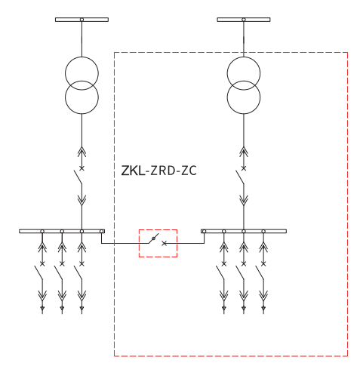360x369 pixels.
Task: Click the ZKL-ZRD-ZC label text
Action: (158, 171)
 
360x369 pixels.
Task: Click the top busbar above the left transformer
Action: (82, 20)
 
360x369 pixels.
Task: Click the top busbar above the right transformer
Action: (244, 20)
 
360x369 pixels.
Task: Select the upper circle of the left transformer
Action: (82, 57)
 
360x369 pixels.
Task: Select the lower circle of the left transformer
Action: (82, 114)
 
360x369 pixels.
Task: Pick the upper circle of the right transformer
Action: (244, 57)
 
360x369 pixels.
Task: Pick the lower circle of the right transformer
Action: (244, 114)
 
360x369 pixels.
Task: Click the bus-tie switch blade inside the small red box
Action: (153, 238)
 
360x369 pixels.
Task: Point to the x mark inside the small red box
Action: (164, 243)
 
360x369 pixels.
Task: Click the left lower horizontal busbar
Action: (62, 231)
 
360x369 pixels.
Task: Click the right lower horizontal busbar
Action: (244, 231)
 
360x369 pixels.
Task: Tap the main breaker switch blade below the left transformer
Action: (78, 177)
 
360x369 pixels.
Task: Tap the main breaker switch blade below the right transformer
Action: (240, 177)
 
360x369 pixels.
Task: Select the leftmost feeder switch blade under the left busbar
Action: (38, 272)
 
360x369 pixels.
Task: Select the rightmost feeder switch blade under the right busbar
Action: (260, 272)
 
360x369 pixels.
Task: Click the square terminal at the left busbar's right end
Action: (102, 231)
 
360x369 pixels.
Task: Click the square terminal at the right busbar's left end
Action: (204, 231)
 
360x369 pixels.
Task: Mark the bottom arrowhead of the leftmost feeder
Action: (42, 308)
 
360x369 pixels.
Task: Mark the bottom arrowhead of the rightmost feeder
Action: (263, 308)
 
